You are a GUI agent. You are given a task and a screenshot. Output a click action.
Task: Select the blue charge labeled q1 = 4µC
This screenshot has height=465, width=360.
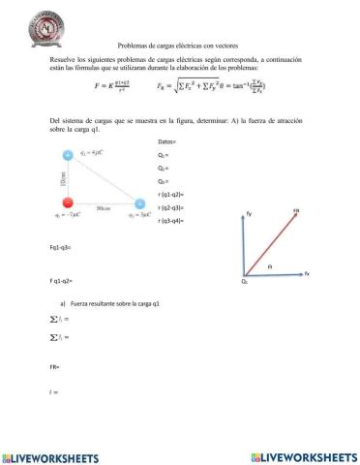click(x=67, y=155)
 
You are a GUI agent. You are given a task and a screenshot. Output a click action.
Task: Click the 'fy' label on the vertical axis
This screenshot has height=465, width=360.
click(x=250, y=213)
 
